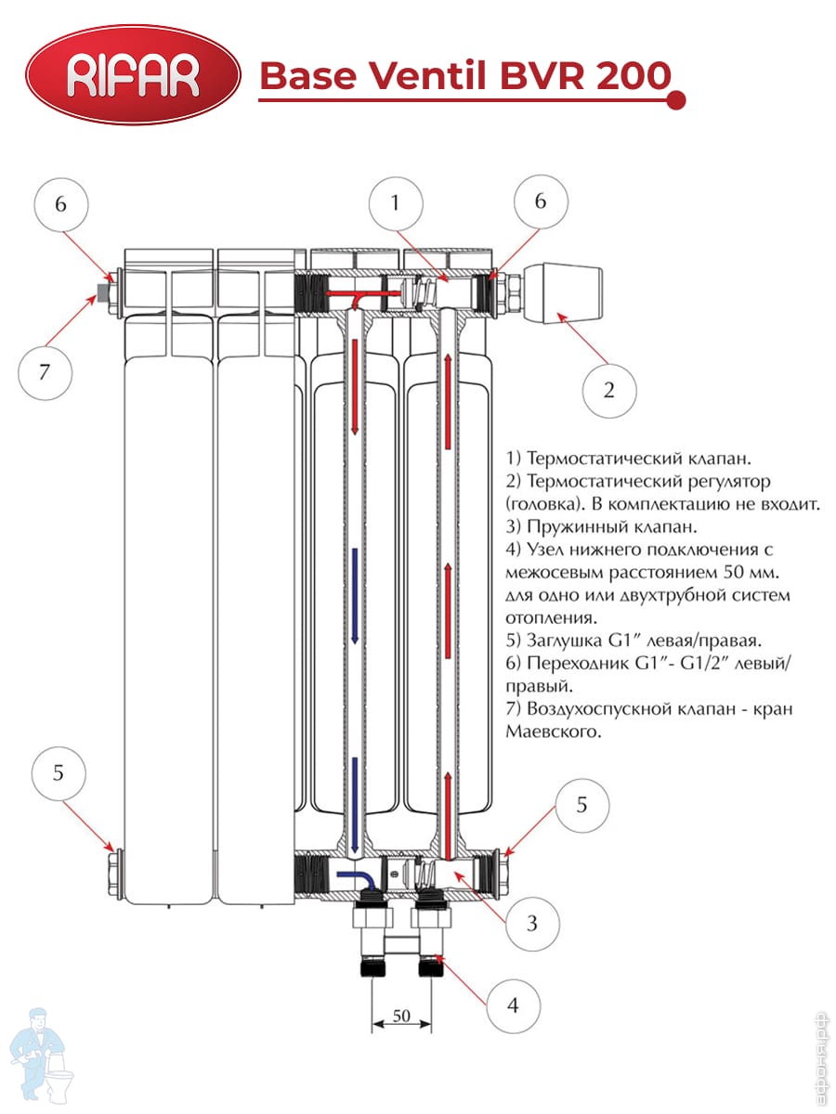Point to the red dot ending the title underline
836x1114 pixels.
click(677, 99)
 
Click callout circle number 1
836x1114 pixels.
click(395, 202)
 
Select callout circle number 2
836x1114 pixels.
click(609, 390)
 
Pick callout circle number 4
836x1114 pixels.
click(511, 1005)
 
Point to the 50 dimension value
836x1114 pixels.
click(401, 1016)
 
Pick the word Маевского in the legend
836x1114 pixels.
click(553, 732)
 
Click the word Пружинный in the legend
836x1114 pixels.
click(569, 527)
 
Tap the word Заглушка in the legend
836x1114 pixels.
click(568, 641)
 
